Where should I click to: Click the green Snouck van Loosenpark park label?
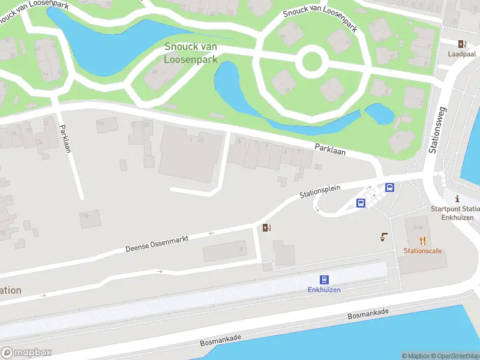191,53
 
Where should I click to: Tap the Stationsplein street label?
320,191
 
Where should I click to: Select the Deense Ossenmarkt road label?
157,243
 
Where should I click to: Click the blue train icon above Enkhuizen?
324,279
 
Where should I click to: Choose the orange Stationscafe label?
422,251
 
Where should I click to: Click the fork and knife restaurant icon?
422,241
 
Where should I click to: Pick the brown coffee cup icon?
384,237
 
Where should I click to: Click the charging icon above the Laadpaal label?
461,43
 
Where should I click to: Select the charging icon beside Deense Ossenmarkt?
267,227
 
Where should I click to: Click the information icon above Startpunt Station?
457,199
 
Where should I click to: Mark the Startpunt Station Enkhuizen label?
456,213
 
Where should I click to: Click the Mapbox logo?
26,353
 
